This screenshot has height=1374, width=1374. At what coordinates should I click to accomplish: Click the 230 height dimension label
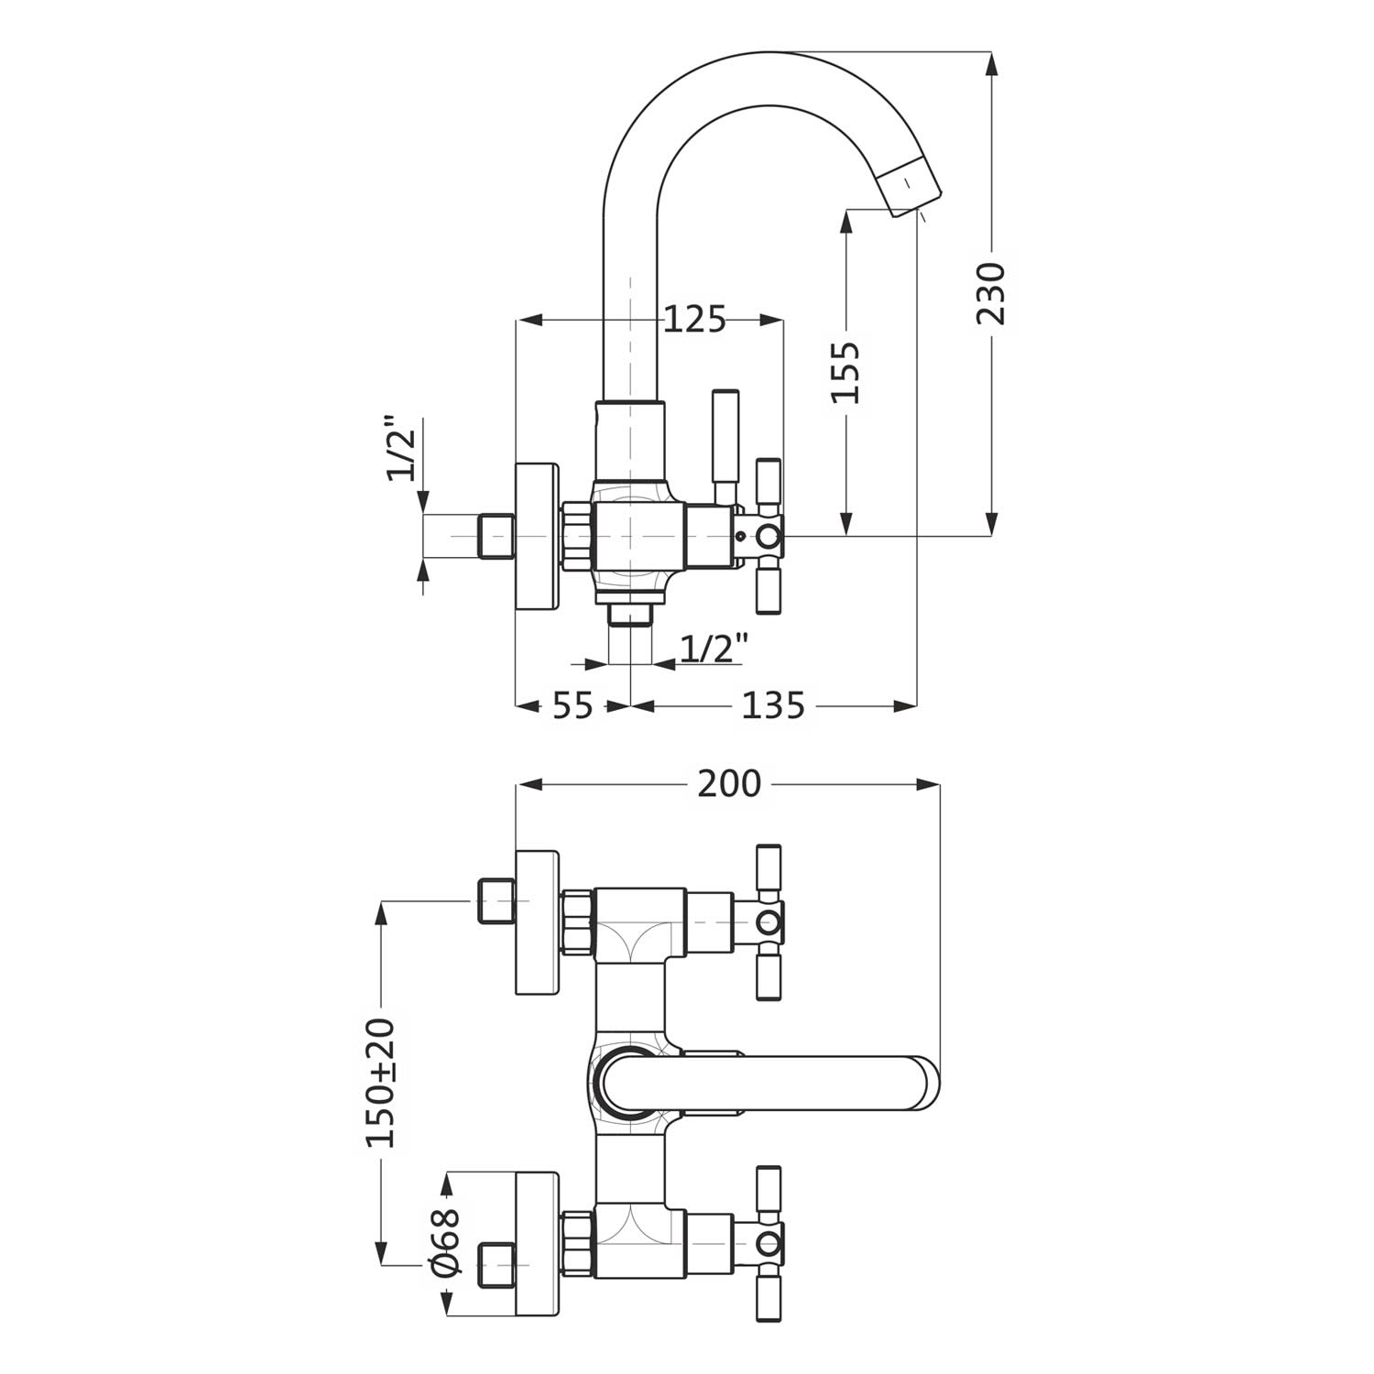tap(991, 293)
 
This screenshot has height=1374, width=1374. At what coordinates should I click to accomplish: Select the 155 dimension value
tap(845, 372)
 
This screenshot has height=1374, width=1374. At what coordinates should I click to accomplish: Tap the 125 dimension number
tap(694, 320)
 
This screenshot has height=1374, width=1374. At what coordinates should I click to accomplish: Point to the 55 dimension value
tap(572, 705)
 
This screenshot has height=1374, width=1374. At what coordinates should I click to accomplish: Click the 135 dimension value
tap(772, 705)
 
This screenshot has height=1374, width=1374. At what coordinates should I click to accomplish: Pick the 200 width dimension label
tap(729, 784)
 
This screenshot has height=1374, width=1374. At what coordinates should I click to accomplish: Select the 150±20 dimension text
tap(381, 1082)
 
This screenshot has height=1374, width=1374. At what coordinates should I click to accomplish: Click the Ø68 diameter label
tap(445, 1241)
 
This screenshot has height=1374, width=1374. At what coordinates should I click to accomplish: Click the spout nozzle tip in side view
tap(911, 188)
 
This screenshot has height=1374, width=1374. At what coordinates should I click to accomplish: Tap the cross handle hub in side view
tap(767, 536)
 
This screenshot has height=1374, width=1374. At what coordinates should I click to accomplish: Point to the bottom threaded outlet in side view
tap(630, 613)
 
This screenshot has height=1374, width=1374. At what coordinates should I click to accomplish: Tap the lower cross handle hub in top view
tap(769, 1243)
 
